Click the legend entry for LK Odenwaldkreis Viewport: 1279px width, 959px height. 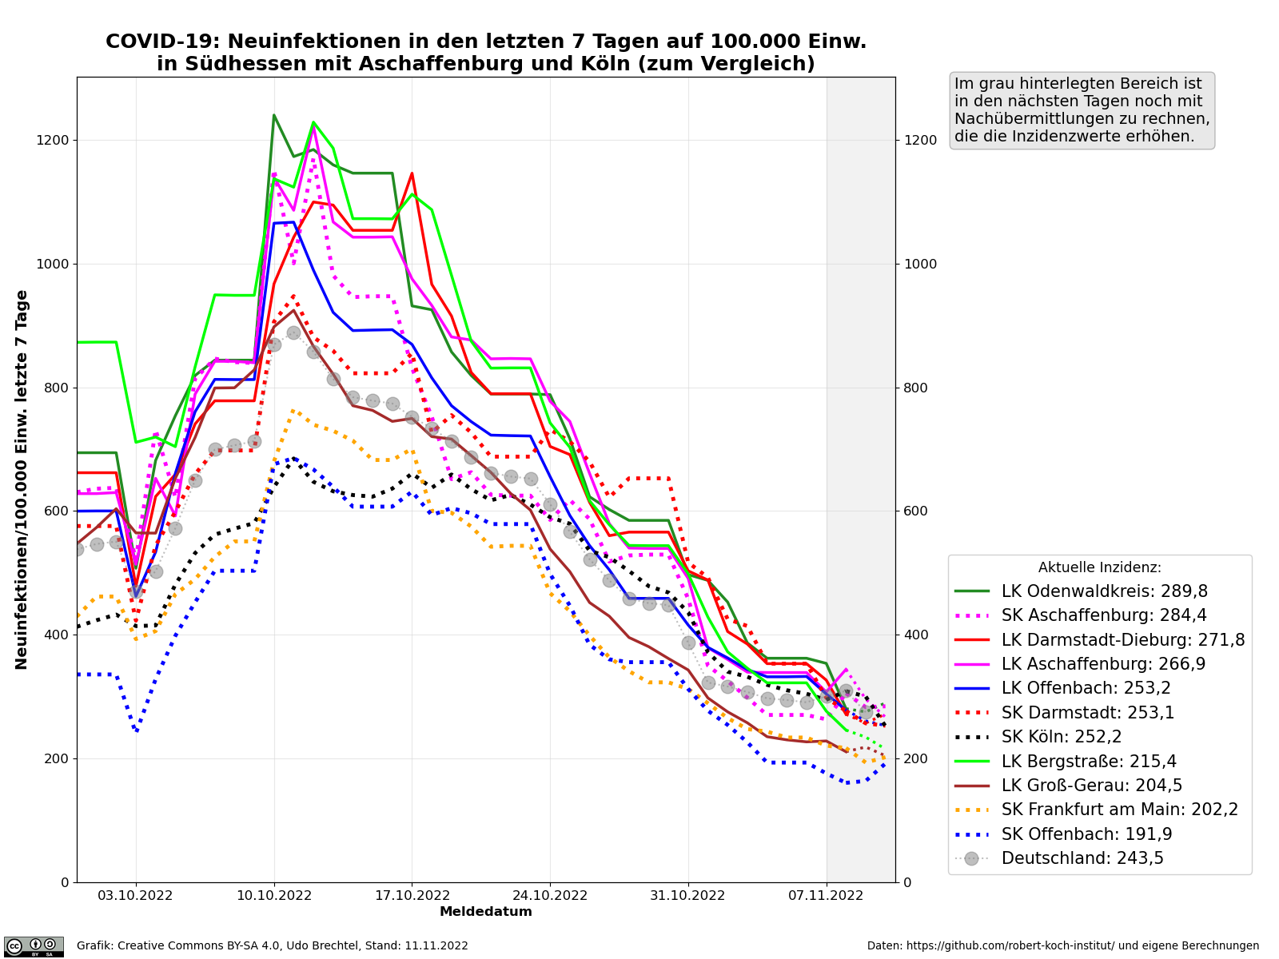pos(1104,591)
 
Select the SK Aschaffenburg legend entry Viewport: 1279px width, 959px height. pos(1104,615)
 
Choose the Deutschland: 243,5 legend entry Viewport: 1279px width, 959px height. pos(1082,858)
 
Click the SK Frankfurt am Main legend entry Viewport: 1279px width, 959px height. pos(1119,810)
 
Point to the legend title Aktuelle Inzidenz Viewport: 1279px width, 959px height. pos(1099,567)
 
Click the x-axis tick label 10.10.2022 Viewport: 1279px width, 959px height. pos(274,896)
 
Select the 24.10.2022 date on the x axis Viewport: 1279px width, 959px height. pos(550,896)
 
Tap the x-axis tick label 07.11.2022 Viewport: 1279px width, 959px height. pos(827,896)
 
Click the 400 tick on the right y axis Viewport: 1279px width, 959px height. pos(915,635)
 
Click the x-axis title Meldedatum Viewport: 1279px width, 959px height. pos(486,912)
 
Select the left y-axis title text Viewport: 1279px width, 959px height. pos(22,479)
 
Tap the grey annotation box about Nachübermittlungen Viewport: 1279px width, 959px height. pos(1082,110)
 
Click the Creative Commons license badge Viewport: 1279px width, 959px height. pos(34,946)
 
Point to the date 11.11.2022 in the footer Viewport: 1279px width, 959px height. pos(438,946)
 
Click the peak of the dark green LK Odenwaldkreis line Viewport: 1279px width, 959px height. pos(274,115)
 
